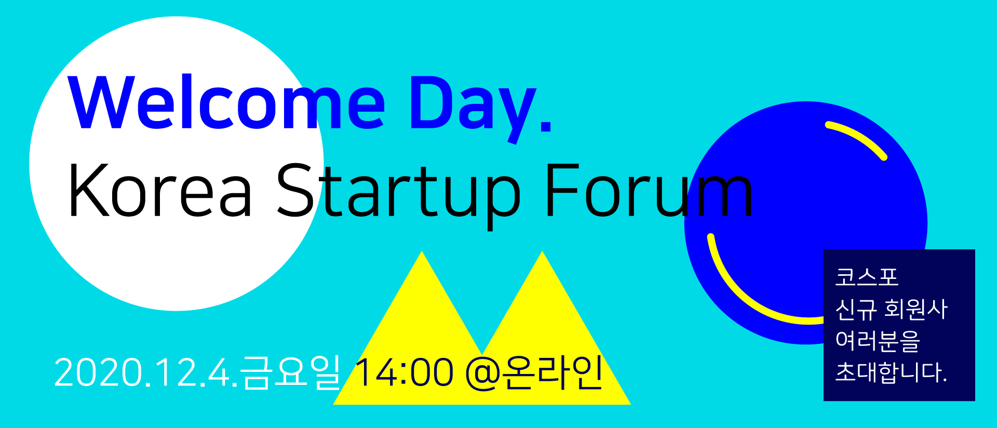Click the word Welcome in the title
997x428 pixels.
point(227,102)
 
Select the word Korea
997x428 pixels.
point(160,190)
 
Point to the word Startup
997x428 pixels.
point(398,195)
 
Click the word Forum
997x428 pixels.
point(649,190)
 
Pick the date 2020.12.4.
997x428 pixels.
point(146,372)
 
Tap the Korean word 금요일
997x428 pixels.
point(291,372)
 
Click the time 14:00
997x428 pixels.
point(403,372)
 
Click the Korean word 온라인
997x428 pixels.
point(553,372)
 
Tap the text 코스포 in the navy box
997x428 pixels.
point(866,277)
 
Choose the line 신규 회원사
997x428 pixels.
point(892,309)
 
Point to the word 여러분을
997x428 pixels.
point(878,341)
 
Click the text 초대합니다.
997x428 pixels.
point(891,372)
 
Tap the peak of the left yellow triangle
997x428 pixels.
point(422,251)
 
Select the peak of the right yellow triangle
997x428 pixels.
point(542,251)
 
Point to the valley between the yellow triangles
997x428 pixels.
point(482,354)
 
